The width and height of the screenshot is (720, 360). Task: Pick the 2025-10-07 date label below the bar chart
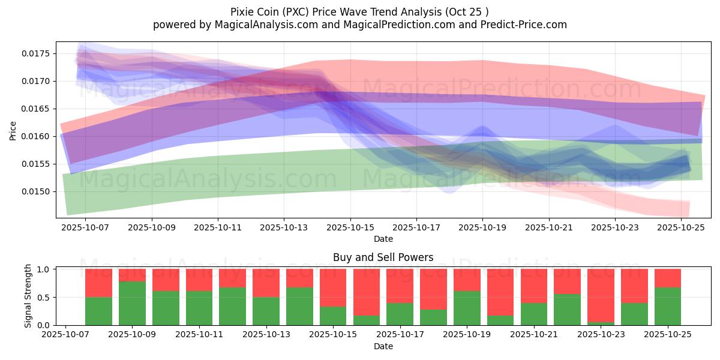pyautogui.click(x=65, y=335)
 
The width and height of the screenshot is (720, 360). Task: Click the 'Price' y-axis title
pyautogui.click(x=13, y=130)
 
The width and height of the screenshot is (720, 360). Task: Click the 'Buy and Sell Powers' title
pyautogui.click(x=383, y=258)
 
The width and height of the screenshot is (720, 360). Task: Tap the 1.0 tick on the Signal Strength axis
pyautogui.click(x=44, y=269)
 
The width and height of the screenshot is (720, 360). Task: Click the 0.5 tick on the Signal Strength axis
pyautogui.click(x=44, y=298)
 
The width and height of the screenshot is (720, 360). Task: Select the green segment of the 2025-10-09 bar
pyautogui.click(x=132, y=303)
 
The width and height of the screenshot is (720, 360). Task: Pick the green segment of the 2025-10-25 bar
pyautogui.click(x=667, y=306)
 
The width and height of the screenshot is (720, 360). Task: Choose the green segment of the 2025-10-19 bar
pyautogui.click(x=467, y=308)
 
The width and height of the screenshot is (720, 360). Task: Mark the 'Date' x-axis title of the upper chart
pyautogui.click(x=383, y=239)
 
